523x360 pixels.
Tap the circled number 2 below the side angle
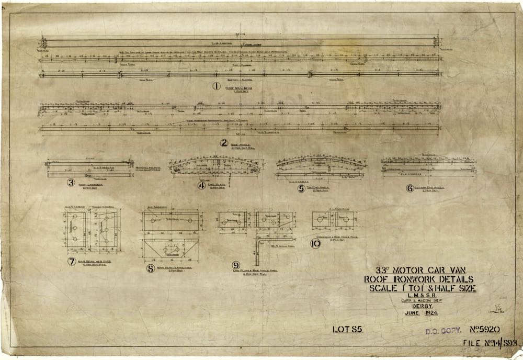coord(224,142)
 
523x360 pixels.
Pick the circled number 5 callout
coord(300,188)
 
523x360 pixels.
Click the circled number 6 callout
coord(410,189)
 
